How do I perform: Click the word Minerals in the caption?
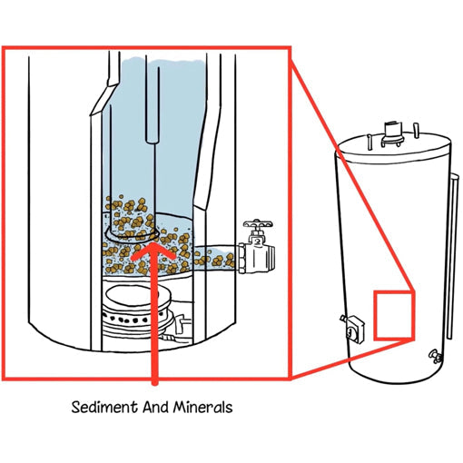click(x=202, y=408)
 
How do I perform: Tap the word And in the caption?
click(x=153, y=408)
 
